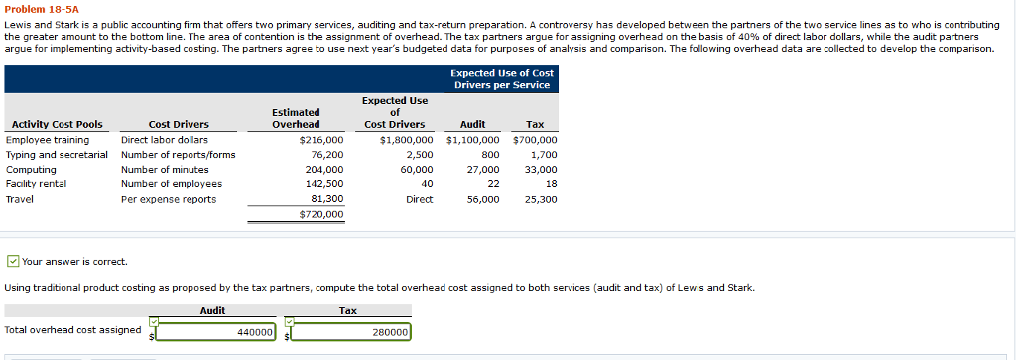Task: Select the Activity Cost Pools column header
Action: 55,124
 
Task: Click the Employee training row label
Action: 47,140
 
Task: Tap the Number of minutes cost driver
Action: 165,170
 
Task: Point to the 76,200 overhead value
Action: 326,155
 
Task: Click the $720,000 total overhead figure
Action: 320,214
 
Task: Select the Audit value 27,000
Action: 482,170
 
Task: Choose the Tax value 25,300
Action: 540,199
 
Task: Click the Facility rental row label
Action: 37,184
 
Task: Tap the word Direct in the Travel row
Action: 419,199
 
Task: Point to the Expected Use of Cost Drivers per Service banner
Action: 502,79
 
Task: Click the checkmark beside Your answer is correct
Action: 12,262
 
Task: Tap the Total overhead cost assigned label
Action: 73,330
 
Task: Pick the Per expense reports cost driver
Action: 168,199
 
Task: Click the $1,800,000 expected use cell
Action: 406,140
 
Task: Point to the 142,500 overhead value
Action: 323,184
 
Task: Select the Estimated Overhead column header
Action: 296,118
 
